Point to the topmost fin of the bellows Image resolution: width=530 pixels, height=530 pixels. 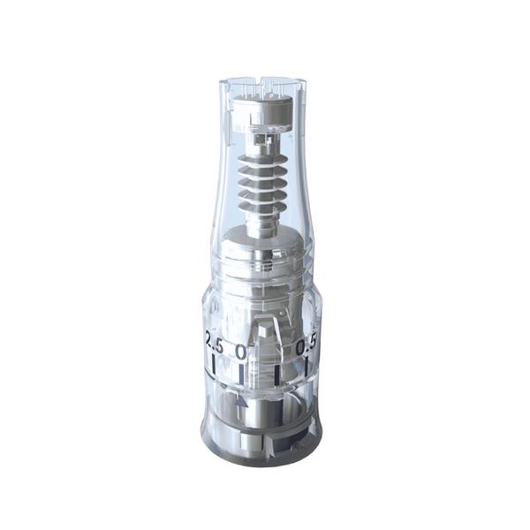coord(262,163)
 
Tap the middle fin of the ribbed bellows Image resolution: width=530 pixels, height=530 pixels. coord(262,187)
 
